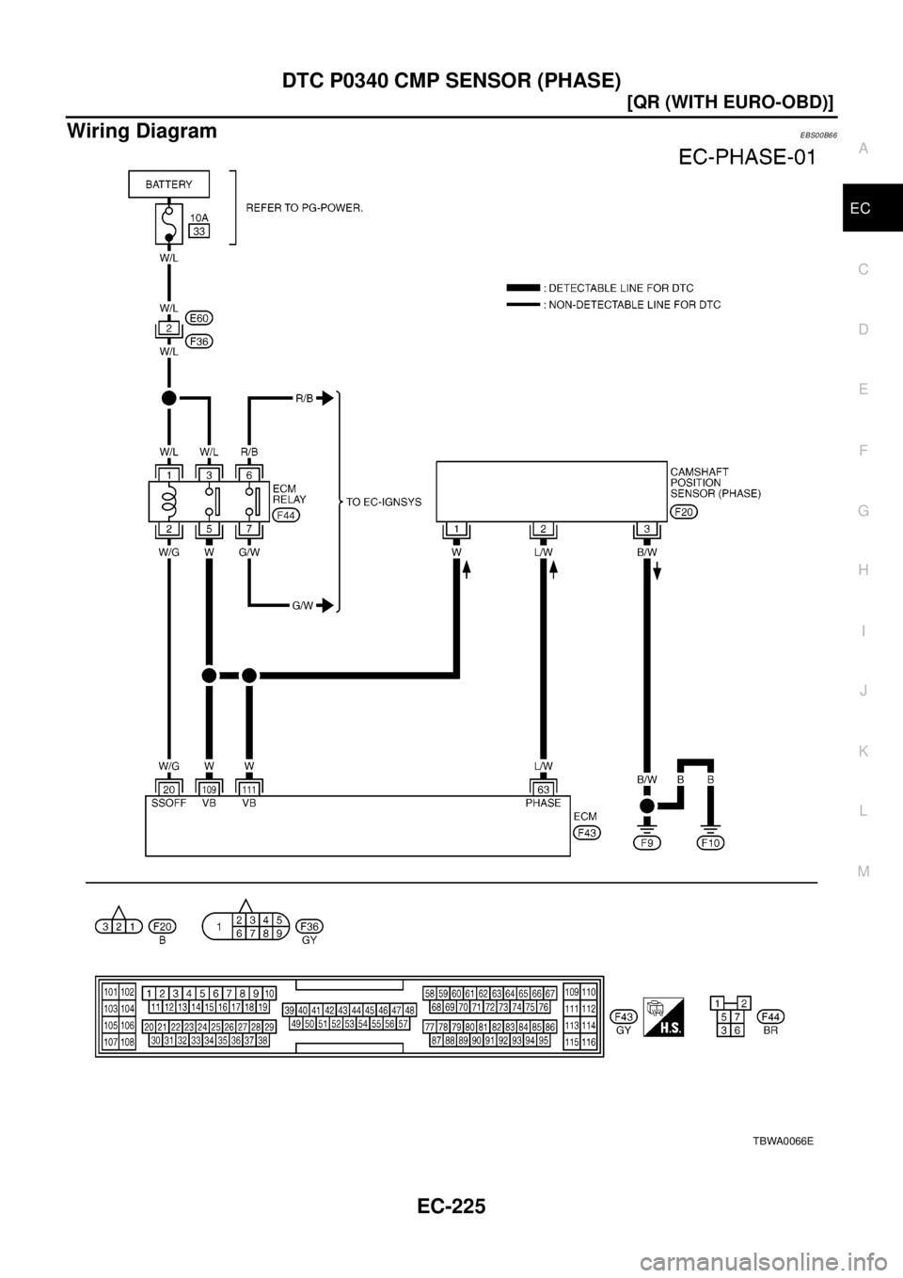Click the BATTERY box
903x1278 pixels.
pos(168,185)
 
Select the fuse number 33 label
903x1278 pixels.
pos(199,230)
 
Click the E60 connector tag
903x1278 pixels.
pos(198,317)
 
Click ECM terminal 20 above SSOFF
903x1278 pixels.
pos(168,789)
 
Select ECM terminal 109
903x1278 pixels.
pos(209,789)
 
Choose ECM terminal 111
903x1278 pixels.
pos(249,789)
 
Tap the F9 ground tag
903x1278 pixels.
pos(646,843)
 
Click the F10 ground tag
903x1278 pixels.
pos(712,843)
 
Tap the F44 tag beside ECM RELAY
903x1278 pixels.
pos(285,515)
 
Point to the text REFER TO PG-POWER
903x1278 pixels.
pos(306,209)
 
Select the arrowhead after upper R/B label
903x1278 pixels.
pos(325,399)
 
